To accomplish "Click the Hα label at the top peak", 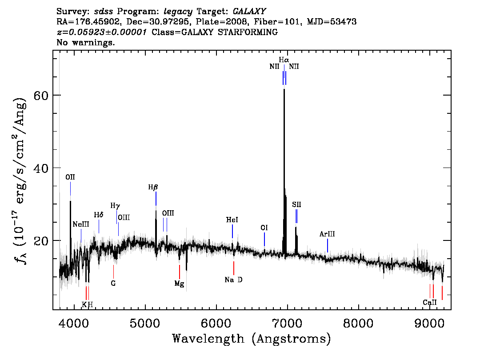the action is coord(284,60).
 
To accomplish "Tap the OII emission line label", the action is coord(70,177).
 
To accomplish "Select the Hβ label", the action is coord(153,187).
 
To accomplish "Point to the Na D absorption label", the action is coord(234,280).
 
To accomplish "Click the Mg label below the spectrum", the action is coord(180,284).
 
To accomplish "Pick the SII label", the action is coord(297,205).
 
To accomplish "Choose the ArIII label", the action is coord(327,234).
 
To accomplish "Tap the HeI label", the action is coord(232,220).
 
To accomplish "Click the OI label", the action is coord(264,228).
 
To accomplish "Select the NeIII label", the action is coord(81,224).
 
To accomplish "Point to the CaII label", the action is coord(430,303).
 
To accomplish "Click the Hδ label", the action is coord(99,215).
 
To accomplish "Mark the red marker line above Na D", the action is coord(234,268).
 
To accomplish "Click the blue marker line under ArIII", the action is coord(328,246).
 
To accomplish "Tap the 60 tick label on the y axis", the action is coord(41,96).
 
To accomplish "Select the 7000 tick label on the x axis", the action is coord(287,323).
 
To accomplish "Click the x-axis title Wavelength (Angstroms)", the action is coord(252,339).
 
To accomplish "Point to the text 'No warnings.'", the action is coord(85,42).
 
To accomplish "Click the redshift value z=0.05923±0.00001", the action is coord(102,32).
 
